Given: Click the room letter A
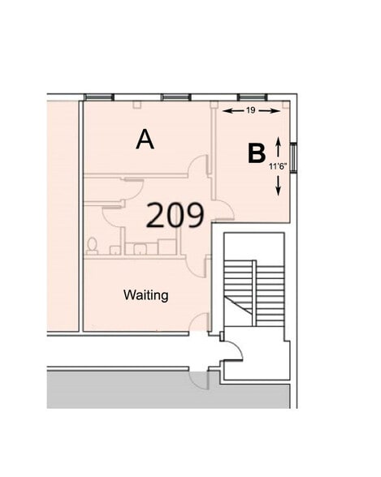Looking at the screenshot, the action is click(x=145, y=140).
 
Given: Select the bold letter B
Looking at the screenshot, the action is click(x=257, y=153).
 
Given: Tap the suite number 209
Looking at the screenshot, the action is click(x=175, y=216).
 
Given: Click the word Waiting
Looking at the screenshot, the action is click(x=146, y=295).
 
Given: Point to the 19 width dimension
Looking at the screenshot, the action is click(x=250, y=110).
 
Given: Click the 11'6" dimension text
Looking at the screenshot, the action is click(x=278, y=166).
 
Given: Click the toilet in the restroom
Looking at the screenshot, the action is click(x=92, y=247).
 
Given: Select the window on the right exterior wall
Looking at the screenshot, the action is click(x=293, y=158).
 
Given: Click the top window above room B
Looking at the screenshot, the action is click(x=252, y=97).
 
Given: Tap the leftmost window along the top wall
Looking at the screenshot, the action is click(x=98, y=97).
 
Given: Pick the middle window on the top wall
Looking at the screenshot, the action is click(x=176, y=97).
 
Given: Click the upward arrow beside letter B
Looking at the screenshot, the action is click(x=278, y=147).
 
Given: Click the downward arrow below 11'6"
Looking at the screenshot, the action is click(x=278, y=185).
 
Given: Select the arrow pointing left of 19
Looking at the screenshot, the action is click(x=233, y=111).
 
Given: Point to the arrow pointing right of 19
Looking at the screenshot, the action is click(x=269, y=111).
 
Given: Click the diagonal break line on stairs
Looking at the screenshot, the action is click(x=239, y=304).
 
